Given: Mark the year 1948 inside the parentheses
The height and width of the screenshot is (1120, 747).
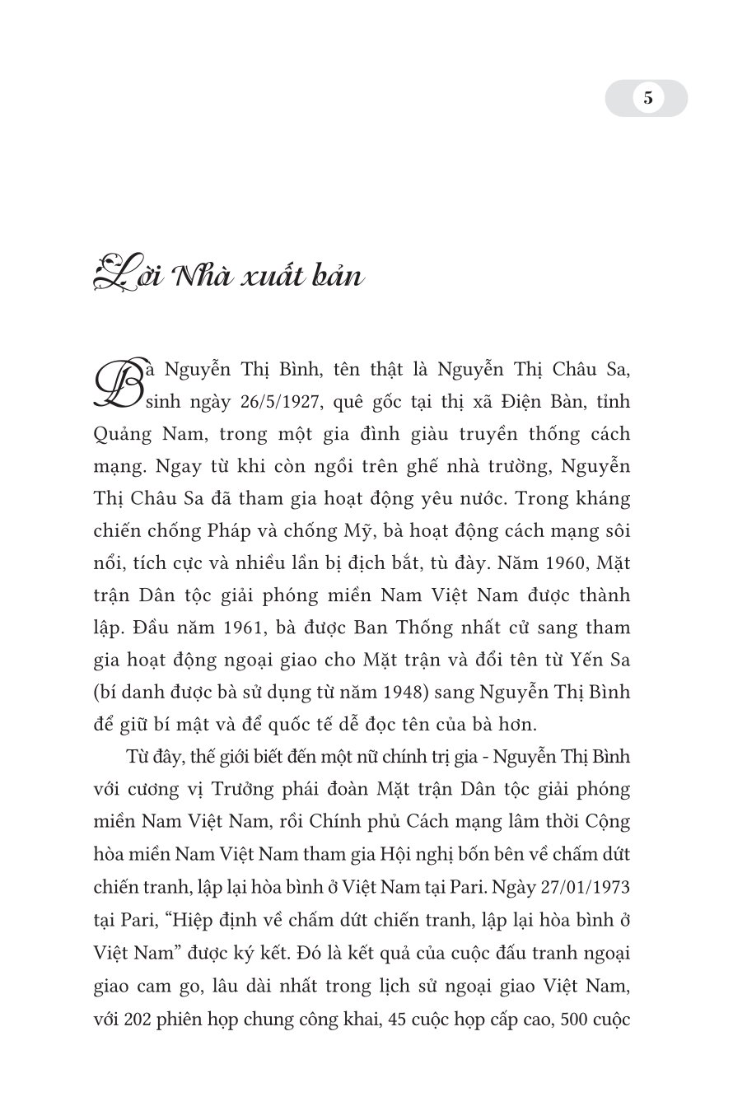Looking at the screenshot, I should point(404,692).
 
